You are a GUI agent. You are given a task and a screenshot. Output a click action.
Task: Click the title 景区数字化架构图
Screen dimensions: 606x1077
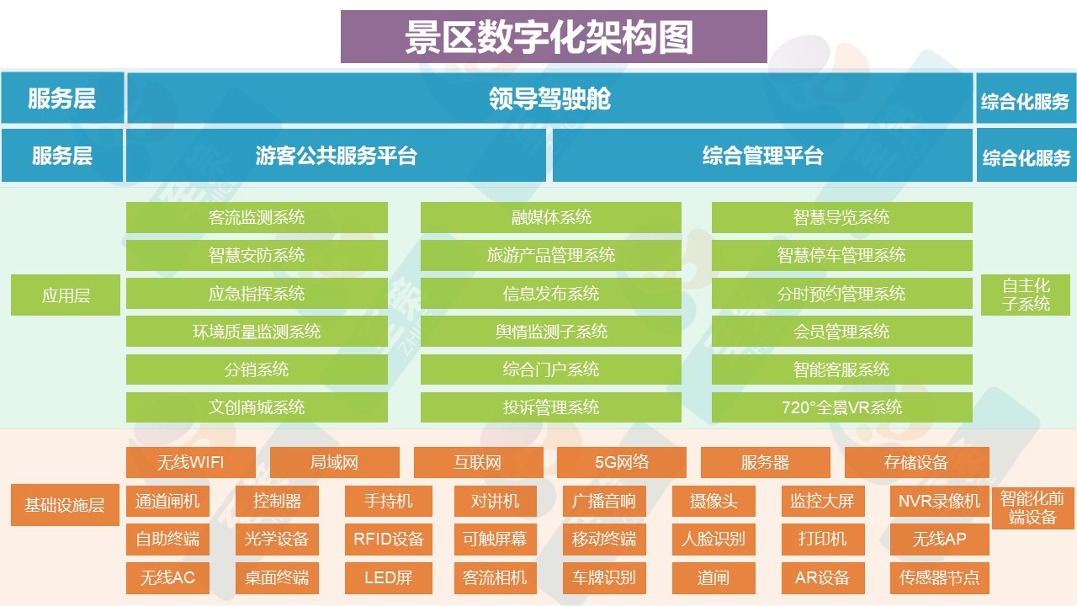click(x=553, y=37)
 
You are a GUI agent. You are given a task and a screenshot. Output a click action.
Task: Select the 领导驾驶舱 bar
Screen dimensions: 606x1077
click(x=549, y=98)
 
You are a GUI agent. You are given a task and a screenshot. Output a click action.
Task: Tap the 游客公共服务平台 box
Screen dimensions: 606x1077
click(x=336, y=155)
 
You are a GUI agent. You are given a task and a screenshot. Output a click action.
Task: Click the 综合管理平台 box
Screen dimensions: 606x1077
click(x=762, y=155)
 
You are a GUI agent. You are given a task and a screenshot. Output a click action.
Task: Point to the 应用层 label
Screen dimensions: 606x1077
click(x=66, y=295)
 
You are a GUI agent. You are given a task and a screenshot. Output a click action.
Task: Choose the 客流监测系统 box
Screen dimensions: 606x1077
click(x=257, y=217)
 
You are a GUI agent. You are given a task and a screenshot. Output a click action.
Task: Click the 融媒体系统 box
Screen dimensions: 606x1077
click(x=551, y=217)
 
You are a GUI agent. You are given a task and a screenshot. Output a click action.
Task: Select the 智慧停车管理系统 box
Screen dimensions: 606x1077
click(x=841, y=255)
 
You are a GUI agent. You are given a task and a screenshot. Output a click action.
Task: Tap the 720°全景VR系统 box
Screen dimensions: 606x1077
click(x=841, y=407)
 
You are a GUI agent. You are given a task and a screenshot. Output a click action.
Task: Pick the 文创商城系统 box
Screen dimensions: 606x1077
click(x=257, y=407)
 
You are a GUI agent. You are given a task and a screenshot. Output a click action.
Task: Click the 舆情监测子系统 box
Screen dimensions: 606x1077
click(x=551, y=332)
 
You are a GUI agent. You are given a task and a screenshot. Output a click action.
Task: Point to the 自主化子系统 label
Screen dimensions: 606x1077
click(x=1026, y=295)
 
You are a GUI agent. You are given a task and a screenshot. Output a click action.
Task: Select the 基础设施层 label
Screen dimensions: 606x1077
click(x=65, y=505)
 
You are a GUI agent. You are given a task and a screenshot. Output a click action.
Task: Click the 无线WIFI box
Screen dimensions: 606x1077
click(x=190, y=462)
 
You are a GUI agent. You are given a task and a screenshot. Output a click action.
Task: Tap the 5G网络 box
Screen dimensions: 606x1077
click(x=621, y=462)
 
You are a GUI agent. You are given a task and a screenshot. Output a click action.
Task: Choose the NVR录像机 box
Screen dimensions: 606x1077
click(x=939, y=501)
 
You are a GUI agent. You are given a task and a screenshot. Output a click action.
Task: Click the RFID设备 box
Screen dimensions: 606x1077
click(x=388, y=539)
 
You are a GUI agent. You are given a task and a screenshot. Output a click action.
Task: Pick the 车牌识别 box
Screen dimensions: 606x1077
click(x=603, y=577)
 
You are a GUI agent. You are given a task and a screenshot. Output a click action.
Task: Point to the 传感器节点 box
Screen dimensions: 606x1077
click(x=939, y=577)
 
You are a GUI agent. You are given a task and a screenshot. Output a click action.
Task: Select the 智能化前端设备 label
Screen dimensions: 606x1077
click(x=1032, y=508)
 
